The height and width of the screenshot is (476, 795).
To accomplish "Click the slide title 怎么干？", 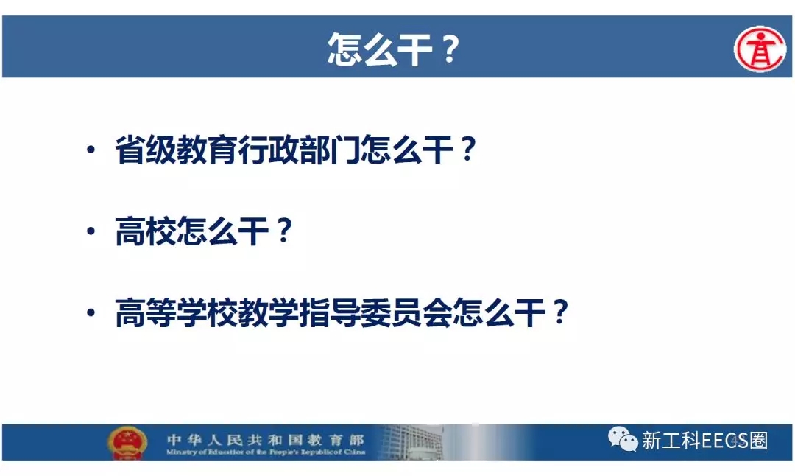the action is [394, 49].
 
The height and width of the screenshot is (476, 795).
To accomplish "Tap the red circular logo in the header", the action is [760, 49].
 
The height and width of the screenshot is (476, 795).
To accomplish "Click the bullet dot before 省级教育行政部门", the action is [91, 150].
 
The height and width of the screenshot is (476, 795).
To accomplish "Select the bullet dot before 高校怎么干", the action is [91, 231].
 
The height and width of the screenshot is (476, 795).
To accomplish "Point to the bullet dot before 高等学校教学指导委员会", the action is [91, 312].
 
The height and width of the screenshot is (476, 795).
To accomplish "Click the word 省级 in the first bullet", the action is [146, 150].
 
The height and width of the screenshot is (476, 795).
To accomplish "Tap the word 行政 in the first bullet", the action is [269, 150].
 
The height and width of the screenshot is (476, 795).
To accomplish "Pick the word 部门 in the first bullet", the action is [330, 150].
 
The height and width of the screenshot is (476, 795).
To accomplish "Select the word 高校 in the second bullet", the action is [146, 231].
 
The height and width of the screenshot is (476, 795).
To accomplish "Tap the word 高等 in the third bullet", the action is [146, 312].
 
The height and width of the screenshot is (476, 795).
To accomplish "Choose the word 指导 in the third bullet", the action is [330, 312].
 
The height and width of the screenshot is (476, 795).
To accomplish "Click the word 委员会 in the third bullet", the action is [406, 312].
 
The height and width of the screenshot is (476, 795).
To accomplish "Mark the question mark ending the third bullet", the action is [560, 312].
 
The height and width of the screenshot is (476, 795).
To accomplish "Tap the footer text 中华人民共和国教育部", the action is [266, 439].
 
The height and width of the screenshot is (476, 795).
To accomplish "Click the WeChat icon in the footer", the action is [623, 439].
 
